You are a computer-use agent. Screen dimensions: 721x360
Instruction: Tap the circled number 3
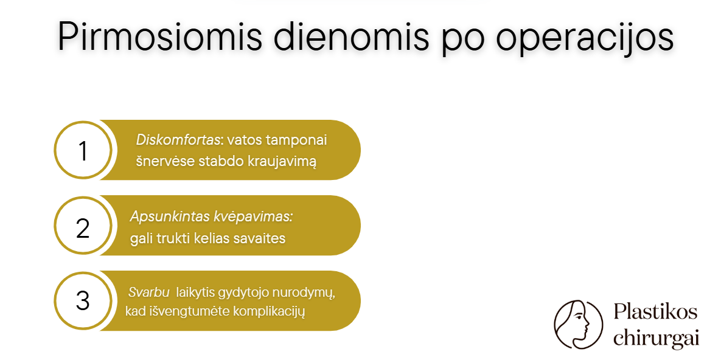pyautogui.click(x=83, y=301)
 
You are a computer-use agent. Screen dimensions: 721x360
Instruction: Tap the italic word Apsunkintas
pyautogui.click(x=164, y=217)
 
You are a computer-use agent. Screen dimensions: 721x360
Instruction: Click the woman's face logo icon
pyautogui.click(x=578, y=325)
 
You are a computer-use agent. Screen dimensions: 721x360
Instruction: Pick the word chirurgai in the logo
pyautogui.click(x=657, y=338)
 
